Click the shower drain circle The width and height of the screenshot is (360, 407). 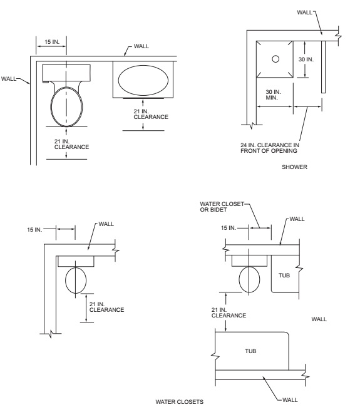coord(275,59)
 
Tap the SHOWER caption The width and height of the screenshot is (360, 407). coord(294,167)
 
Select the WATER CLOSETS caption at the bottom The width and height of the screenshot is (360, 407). coord(179,402)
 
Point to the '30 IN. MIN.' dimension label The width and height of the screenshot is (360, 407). coord(273,95)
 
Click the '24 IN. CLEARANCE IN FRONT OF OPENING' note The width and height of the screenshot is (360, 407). coord(270,148)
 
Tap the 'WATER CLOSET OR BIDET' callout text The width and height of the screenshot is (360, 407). coord(222,207)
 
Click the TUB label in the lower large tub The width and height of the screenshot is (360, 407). coord(250,351)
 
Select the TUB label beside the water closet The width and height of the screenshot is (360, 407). coord(284,276)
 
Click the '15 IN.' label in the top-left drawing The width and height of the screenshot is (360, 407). coord(52,42)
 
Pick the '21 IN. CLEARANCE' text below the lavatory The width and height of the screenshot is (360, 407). coord(151,114)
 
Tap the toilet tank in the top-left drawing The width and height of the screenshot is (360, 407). coord(66,73)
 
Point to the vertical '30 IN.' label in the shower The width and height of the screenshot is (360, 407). coord(306,59)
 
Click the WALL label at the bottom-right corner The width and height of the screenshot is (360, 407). coord(290,400)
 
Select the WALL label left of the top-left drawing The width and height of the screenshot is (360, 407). coord(9,79)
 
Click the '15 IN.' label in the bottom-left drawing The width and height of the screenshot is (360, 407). coord(34,230)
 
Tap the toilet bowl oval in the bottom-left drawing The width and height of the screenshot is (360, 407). coord(76,281)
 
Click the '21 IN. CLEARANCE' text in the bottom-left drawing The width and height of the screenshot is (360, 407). coord(106,307)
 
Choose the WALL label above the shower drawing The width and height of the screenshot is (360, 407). coord(304,13)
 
